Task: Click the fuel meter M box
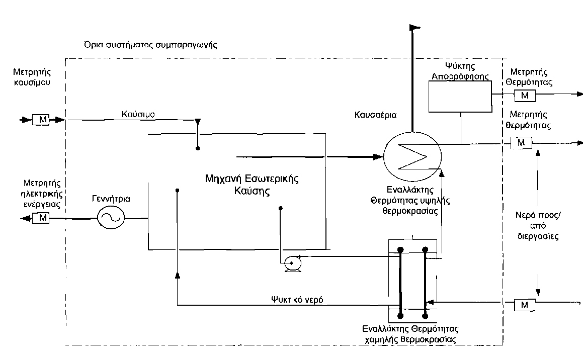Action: [x=40, y=120]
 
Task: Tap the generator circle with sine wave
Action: [x=110, y=218]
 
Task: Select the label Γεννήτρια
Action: [x=110, y=199]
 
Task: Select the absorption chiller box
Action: [x=460, y=96]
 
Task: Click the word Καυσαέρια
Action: [x=375, y=115]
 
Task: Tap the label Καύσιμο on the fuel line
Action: [x=138, y=114]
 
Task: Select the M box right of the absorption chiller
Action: [x=524, y=96]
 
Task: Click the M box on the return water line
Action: [x=524, y=305]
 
